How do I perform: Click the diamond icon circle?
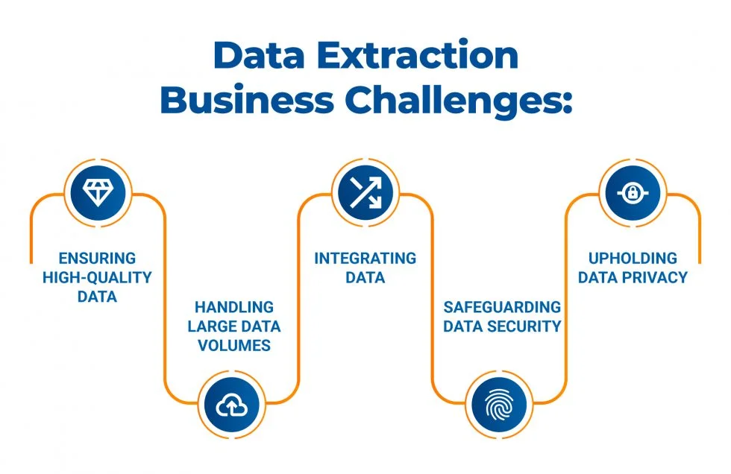point(98,193)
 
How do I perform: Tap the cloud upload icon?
point(232,405)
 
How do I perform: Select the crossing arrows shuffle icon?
point(365,193)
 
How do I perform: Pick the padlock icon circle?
point(633,193)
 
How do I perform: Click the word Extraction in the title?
point(418,55)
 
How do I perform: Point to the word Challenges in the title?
point(459,101)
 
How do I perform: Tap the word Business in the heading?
point(247,100)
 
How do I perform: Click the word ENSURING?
point(98,258)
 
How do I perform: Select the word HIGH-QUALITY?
point(98,277)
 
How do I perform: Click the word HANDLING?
point(234,307)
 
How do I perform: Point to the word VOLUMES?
point(234,346)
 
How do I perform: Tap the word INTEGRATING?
point(365,258)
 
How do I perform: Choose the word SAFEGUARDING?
point(502,307)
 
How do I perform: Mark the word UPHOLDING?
point(633,258)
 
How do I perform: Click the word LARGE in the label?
point(210,326)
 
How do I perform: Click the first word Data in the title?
point(260,55)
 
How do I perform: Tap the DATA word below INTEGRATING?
point(365,277)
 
